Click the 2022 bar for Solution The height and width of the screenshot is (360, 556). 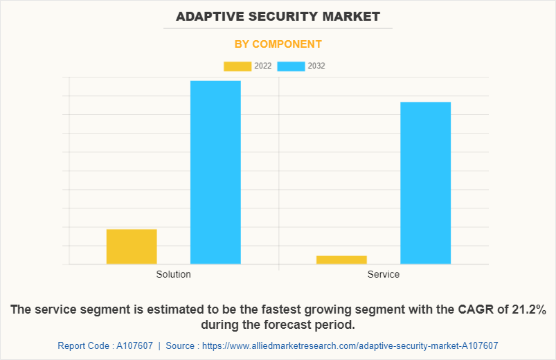132,246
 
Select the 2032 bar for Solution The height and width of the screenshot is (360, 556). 215,172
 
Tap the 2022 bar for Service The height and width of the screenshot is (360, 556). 341,260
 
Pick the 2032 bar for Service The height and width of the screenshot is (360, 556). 425,183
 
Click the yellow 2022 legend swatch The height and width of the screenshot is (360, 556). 237,66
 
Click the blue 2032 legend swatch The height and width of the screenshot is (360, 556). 291,66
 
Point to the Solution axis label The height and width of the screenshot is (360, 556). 173,274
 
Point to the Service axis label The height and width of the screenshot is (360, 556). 383,274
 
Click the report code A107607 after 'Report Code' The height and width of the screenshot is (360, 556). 134,345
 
